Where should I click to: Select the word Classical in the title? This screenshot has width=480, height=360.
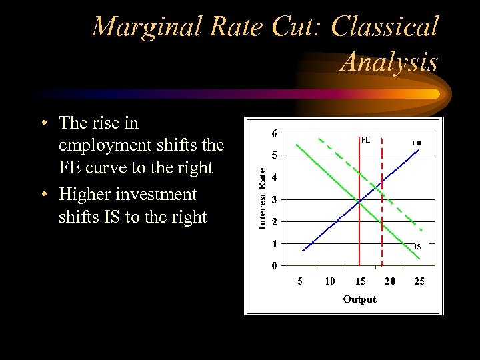[385, 27]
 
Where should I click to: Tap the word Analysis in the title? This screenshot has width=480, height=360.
[389, 62]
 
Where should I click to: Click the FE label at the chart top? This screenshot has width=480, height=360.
[365, 140]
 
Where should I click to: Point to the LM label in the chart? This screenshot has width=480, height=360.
[417, 143]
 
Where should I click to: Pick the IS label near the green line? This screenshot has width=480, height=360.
[417, 247]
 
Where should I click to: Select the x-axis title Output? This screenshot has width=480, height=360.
[359, 299]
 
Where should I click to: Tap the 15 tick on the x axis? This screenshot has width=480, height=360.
[359, 281]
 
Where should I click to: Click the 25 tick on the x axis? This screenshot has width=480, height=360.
[419, 281]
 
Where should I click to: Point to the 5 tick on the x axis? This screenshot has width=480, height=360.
[300, 281]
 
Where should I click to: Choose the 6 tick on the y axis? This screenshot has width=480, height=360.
[275, 133]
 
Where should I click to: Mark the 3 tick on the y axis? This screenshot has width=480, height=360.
[275, 199]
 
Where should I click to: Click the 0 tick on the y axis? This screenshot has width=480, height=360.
[275, 265]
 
